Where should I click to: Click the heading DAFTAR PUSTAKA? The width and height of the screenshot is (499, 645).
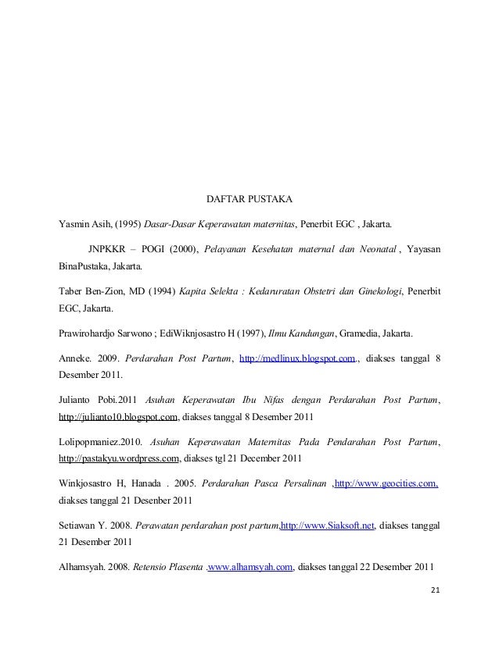click(248, 199)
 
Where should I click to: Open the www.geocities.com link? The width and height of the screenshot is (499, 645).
click(386, 483)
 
